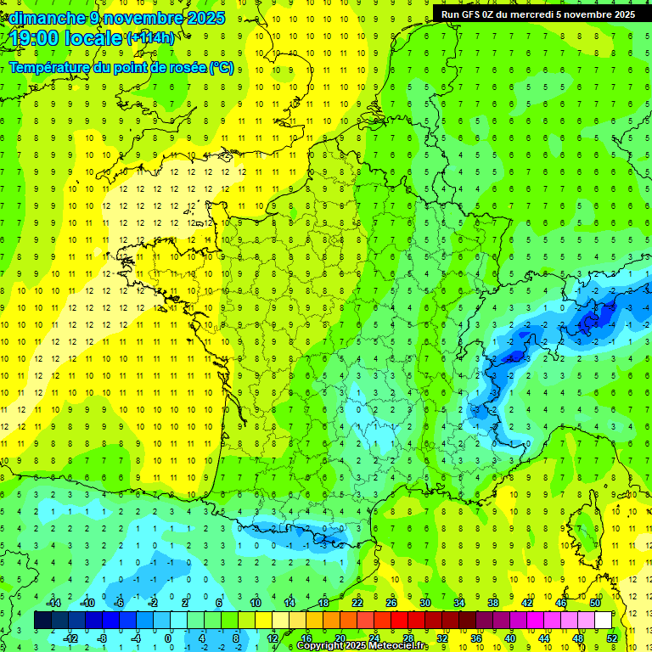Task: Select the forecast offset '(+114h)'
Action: (150, 37)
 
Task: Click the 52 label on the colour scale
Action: (612, 638)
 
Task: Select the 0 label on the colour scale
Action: (168, 638)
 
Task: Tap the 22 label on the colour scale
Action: (357, 603)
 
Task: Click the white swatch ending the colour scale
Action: (603, 621)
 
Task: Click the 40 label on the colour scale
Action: (510, 638)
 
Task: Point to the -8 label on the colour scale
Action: (102, 638)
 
